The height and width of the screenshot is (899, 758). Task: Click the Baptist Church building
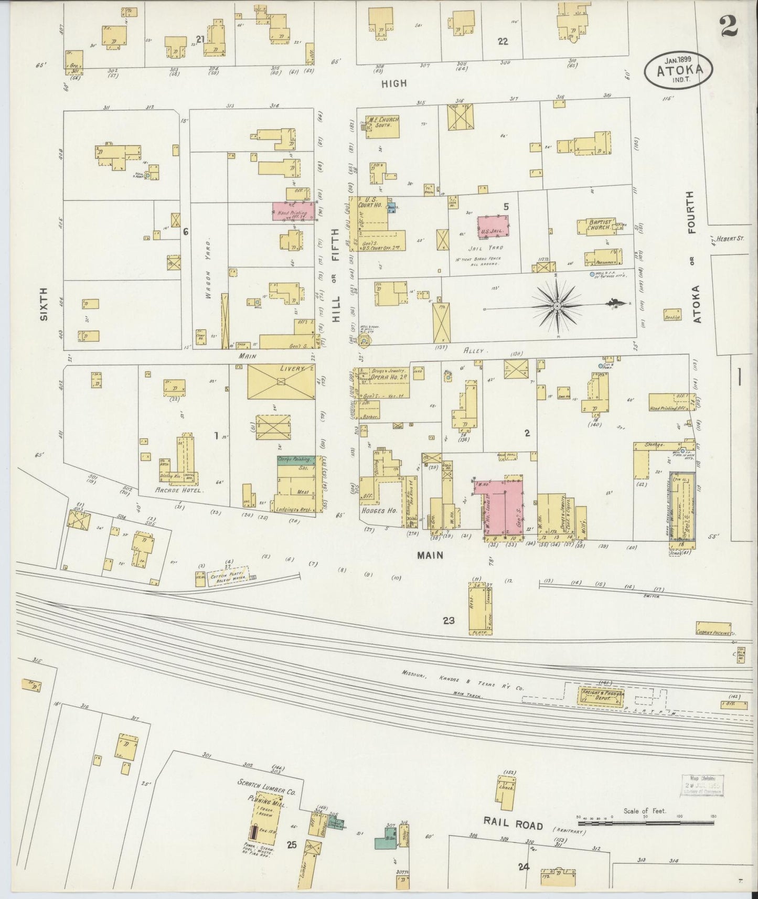point(595,227)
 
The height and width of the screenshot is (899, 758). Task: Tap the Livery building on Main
point(281,382)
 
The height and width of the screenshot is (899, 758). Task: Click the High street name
point(394,83)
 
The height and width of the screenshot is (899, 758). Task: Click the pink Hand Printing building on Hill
point(293,211)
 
